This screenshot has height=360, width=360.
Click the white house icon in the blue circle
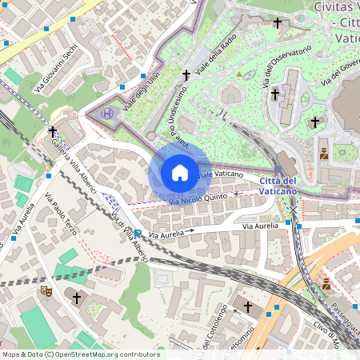179,173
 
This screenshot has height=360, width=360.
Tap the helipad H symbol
107,114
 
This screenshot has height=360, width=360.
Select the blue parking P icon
137,234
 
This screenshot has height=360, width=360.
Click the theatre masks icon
46,291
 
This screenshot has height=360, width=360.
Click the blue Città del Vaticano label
278,186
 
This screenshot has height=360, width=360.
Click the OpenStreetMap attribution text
81,354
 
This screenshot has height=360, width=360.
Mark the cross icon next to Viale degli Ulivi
186,74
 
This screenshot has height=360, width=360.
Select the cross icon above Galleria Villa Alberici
53,130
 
